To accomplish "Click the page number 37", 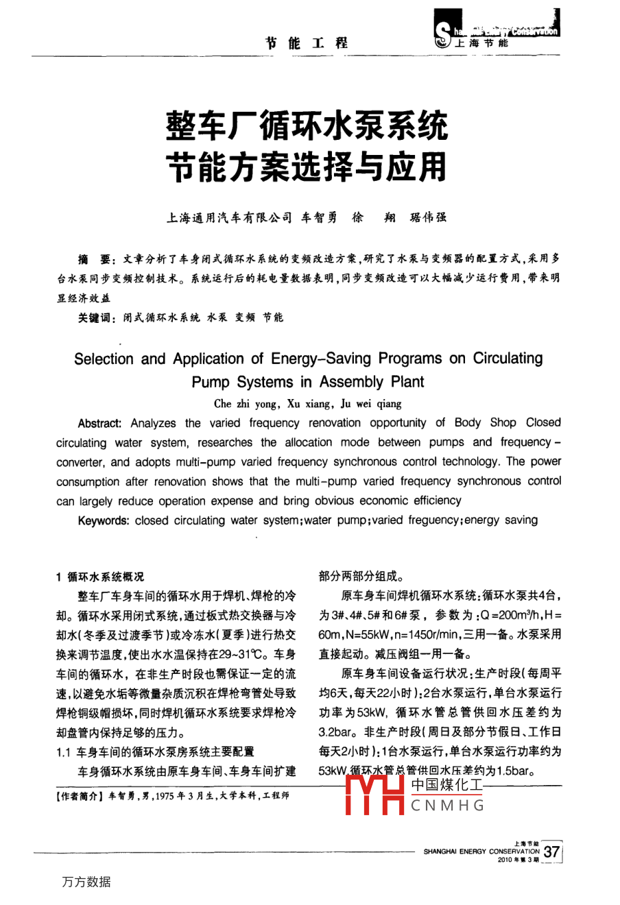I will pyautogui.click(x=551, y=852).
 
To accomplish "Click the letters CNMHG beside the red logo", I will pyautogui.click(x=448, y=806).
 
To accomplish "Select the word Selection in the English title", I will pyautogui.click(x=104, y=359).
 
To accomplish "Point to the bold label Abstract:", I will pyautogui.click(x=99, y=424).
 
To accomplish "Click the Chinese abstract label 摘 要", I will pyautogui.click(x=94, y=259).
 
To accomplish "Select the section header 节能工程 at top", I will pyautogui.click(x=307, y=43).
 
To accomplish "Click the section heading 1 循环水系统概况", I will pyautogui.click(x=100, y=577).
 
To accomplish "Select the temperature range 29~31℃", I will pyautogui.click(x=245, y=654).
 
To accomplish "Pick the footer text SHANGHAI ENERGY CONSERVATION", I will pyautogui.click(x=481, y=852).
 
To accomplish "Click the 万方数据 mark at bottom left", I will pyautogui.click(x=86, y=882).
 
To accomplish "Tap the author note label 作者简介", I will pyautogui.click(x=80, y=797).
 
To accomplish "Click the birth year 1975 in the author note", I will pyautogui.click(x=167, y=797).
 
